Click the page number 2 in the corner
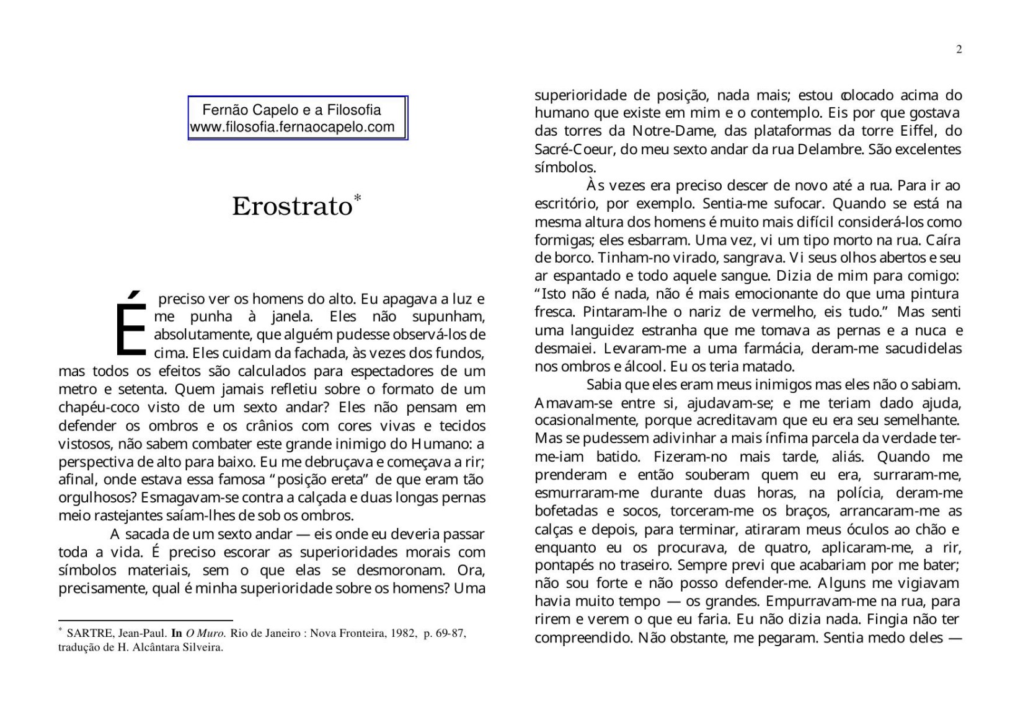(x=959, y=50)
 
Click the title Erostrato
(x=291, y=207)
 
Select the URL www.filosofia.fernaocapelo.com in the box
(x=292, y=128)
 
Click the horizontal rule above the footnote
(x=145, y=620)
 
